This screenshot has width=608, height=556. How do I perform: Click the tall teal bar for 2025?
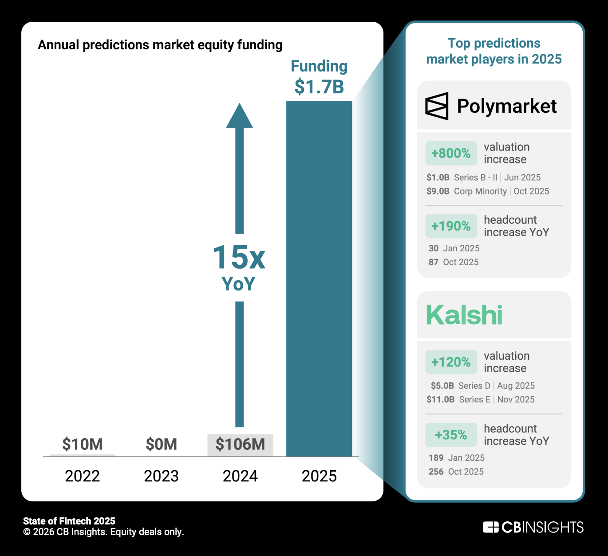click(319, 278)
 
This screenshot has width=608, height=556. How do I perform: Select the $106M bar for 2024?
click(240, 445)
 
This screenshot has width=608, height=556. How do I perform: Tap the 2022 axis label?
click(83, 476)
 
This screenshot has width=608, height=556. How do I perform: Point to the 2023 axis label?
click(161, 476)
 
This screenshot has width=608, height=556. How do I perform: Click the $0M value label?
click(161, 444)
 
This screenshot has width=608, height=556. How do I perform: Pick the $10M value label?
click(83, 444)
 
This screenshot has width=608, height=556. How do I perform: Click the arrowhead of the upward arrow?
click(240, 116)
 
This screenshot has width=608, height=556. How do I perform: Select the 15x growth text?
click(239, 258)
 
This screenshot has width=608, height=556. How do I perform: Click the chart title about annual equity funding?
click(160, 45)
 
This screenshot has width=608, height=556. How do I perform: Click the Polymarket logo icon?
click(437, 106)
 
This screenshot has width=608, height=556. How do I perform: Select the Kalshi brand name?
click(464, 315)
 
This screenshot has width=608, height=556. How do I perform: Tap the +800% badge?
click(451, 153)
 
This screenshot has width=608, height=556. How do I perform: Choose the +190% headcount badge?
click(451, 226)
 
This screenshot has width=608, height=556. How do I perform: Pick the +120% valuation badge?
click(451, 362)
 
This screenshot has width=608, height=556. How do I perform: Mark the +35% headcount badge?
click(451, 435)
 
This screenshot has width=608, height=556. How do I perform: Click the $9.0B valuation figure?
click(438, 191)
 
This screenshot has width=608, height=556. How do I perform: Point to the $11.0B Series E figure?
click(440, 400)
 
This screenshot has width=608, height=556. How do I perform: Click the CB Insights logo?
click(533, 527)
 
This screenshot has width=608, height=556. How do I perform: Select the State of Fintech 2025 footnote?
click(69, 521)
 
